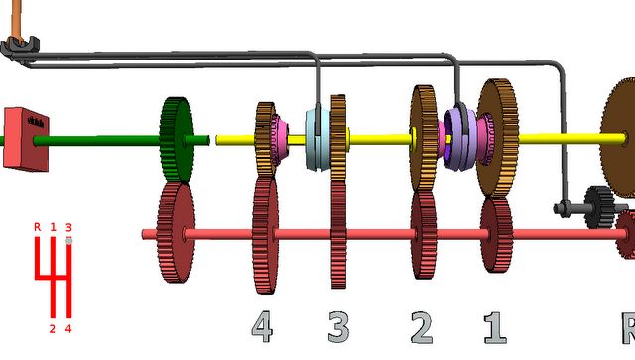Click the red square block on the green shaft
click(x=26, y=139)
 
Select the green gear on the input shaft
click(x=177, y=140)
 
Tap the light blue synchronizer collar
click(x=317, y=139)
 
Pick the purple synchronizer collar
click(x=460, y=138)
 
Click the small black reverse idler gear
click(x=599, y=206)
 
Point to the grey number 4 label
click(x=262, y=327)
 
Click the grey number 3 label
click(x=338, y=327)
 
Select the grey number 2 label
click(x=422, y=327)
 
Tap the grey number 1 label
click(x=495, y=327)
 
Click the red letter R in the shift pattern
click(x=38, y=227)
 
